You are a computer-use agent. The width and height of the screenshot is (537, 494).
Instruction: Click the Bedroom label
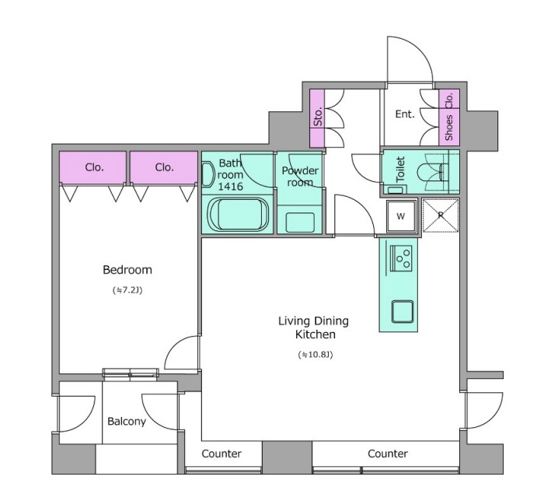(x=127, y=270)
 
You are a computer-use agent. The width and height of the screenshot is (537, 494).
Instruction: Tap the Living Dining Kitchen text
(x=313, y=328)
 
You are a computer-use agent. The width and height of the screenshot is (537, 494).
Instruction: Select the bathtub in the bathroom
(x=239, y=214)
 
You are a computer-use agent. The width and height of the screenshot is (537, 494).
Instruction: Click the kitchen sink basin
(x=403, y=311)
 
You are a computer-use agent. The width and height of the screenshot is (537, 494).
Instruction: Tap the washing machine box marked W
(x=401, y=216)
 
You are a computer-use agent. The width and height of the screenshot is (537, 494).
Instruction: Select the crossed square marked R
(x=441, y=215)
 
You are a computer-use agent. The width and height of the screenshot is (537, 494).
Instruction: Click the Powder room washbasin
(x=300, y=222)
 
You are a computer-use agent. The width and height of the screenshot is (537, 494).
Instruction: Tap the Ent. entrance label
(x=405, y=114)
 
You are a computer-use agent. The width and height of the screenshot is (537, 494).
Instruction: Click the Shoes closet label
(x=448, y=128)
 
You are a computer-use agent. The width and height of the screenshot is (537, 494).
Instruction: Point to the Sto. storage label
(x=318, y=117)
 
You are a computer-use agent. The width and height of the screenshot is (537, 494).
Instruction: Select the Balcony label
(x=127, y=422)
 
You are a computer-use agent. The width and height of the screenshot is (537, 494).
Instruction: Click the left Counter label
(x=221, y=454)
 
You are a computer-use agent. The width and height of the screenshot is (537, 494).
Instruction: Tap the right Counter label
(x=388, y=454)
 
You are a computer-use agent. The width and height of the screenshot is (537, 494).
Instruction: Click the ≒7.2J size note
(x=127, y=290)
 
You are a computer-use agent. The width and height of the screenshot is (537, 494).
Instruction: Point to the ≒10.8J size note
(x=316, y=355)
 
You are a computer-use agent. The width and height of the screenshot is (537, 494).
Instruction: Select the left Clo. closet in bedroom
(x=92, y=167)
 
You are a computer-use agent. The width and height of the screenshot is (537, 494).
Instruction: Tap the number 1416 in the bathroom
(x=231, y=187)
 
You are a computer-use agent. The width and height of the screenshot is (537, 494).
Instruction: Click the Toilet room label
(x=400, y=169)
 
